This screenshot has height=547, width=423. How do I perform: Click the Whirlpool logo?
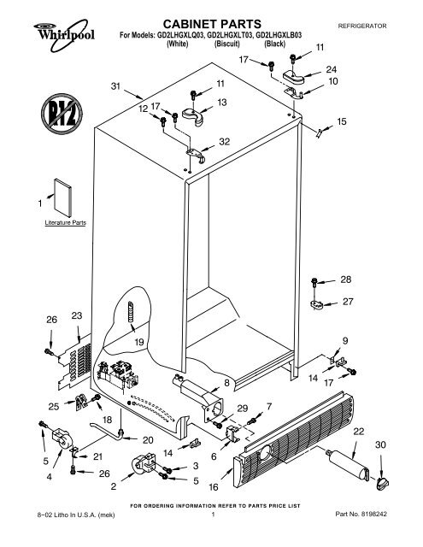pos(64,35)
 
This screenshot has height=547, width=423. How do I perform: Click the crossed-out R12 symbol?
pos(62,114)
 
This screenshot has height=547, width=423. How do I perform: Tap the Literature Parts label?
pos(65,222)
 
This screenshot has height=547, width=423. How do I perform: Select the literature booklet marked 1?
pos(62,197)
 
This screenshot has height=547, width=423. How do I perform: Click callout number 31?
pos(115,85)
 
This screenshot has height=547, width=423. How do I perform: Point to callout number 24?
pos(331,69)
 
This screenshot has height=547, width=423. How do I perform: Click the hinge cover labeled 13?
pos(192,116)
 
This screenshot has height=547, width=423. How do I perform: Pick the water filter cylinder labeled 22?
pos(347,466)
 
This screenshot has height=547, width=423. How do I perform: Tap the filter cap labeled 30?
pos(383,484)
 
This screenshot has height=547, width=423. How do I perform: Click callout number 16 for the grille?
pos(214,486)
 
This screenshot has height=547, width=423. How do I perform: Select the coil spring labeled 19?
pos(131,311)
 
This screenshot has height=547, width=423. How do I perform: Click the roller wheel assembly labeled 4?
pos(62,438)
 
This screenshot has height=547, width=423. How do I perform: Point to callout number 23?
pos(77,315)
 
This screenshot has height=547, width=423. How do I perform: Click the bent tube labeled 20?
pos(106,430)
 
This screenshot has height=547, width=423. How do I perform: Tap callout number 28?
pos(345,279)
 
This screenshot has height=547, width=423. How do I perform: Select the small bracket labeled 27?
pos(317,304)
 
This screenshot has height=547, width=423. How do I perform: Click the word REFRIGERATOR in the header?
pos(362,26)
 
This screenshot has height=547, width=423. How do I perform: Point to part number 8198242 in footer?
pos(374,514)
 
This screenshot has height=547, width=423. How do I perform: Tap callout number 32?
pos(224,142)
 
